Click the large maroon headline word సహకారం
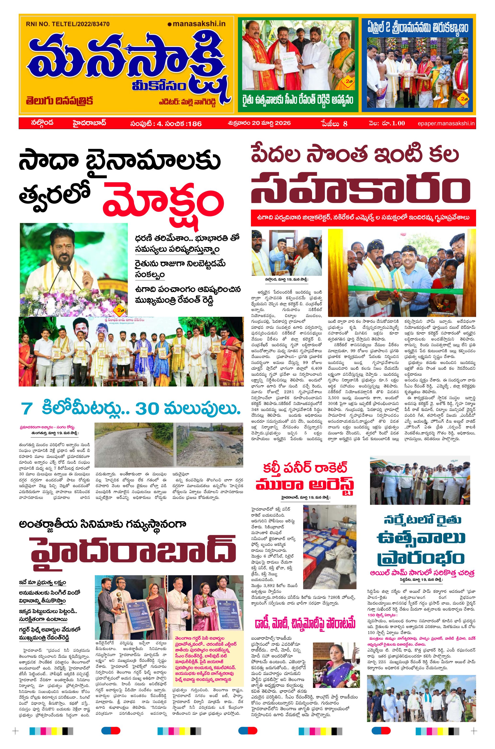coord(360,189)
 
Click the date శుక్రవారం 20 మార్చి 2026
coord(259,123)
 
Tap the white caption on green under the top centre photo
coord(298,100)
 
